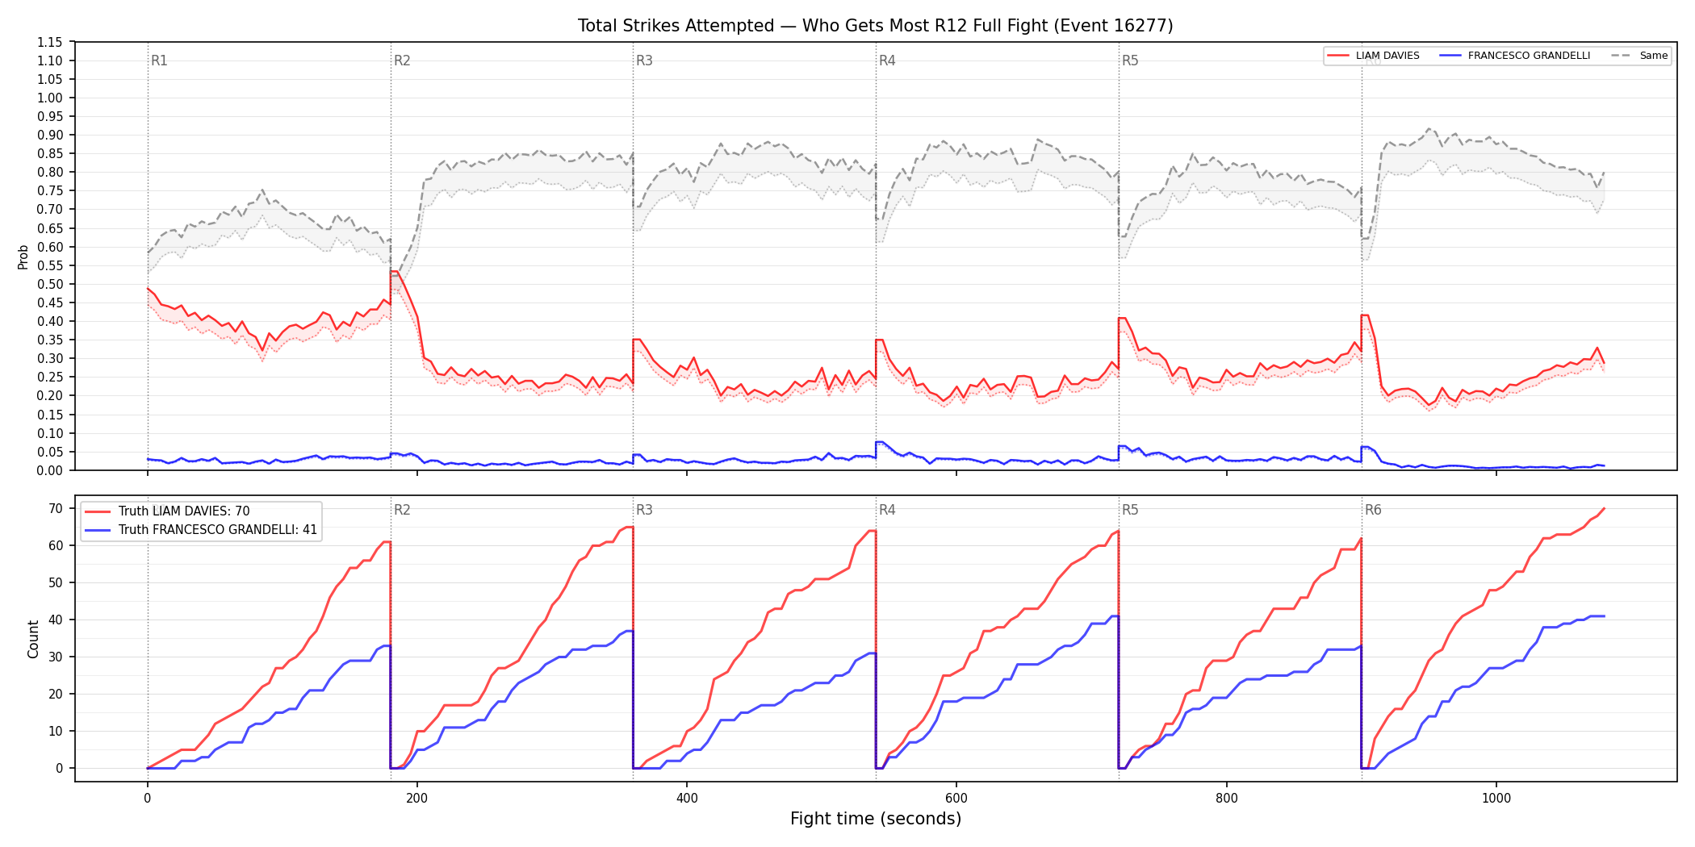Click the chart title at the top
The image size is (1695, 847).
[875, 26]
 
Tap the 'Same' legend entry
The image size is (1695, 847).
[1639, 56]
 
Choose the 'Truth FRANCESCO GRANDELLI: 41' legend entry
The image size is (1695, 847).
[201, 530]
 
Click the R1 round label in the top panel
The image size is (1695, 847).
[159, 60]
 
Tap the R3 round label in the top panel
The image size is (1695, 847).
[644, 60]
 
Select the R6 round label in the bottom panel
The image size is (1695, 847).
[1373, 510]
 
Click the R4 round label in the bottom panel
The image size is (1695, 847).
[887, 510]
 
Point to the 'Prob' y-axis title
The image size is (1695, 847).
[23, 257]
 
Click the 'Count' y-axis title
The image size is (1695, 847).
[33, 639]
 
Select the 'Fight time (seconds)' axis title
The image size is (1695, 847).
[876, 819]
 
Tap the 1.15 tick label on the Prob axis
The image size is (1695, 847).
[49, 42]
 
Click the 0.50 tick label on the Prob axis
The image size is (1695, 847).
[49, 284]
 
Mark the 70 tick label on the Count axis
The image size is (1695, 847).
[56, 508]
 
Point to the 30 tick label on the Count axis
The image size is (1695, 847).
[56, 657]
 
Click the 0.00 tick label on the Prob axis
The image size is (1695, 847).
[49, 470]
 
